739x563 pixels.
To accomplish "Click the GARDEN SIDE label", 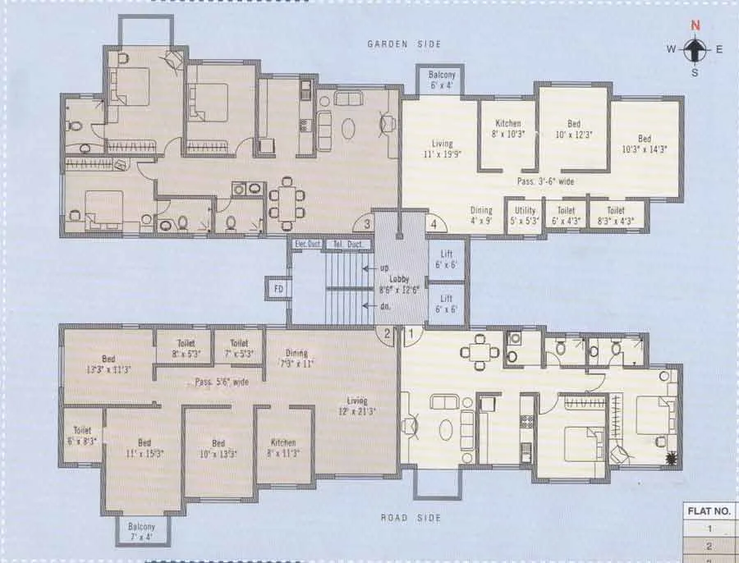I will tap(403, 44).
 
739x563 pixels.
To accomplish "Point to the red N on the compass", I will tap(695, 25).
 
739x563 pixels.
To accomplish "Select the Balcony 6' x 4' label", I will tap(443, 80).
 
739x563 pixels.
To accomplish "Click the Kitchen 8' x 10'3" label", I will tap(507, 129).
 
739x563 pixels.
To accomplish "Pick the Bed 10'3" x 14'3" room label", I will tap(645, 144).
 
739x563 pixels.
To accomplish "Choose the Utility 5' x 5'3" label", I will tap(524, 215).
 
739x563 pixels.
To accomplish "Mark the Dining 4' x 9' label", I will tap(481, 216).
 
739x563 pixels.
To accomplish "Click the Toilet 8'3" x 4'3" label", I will tap(622, 215).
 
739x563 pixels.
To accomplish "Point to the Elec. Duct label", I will tap(304, 244).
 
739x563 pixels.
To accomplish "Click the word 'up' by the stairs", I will tap(383, 268).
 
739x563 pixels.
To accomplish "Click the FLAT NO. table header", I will tap(710, 510).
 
